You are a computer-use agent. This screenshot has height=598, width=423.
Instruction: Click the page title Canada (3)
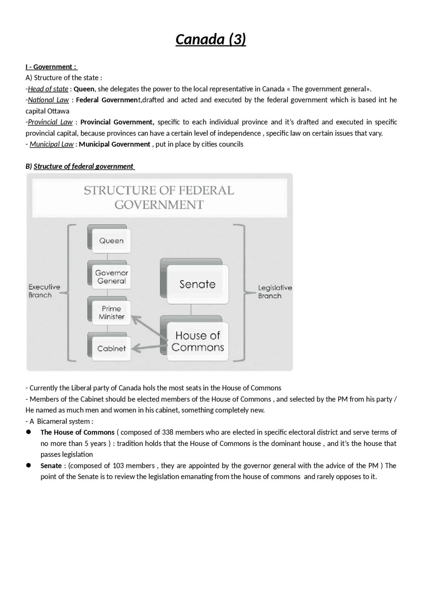point(211,39)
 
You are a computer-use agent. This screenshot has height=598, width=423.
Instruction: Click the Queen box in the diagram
point(111,241)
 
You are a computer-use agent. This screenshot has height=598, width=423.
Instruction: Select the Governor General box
point(111,277)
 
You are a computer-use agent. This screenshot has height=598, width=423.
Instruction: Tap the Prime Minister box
point(111,313)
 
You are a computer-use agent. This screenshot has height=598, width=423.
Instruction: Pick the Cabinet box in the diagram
point(111,348)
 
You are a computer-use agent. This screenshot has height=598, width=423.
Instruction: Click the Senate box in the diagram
point(197,284)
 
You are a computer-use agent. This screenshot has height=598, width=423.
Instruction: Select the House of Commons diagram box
point(197,341)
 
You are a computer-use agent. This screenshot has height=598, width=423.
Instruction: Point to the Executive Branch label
point(44,291)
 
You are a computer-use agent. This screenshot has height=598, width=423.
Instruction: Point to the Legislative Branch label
point(275,292)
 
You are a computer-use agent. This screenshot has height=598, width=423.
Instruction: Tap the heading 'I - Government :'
point(51,67)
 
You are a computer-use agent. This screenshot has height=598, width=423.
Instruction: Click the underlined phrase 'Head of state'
point(48,89)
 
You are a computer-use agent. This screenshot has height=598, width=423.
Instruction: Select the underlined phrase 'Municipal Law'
point(52,144)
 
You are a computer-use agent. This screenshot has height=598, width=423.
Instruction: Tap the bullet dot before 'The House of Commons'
point(29,432)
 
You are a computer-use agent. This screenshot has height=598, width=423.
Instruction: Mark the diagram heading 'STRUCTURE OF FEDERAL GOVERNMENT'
point(159,197)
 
